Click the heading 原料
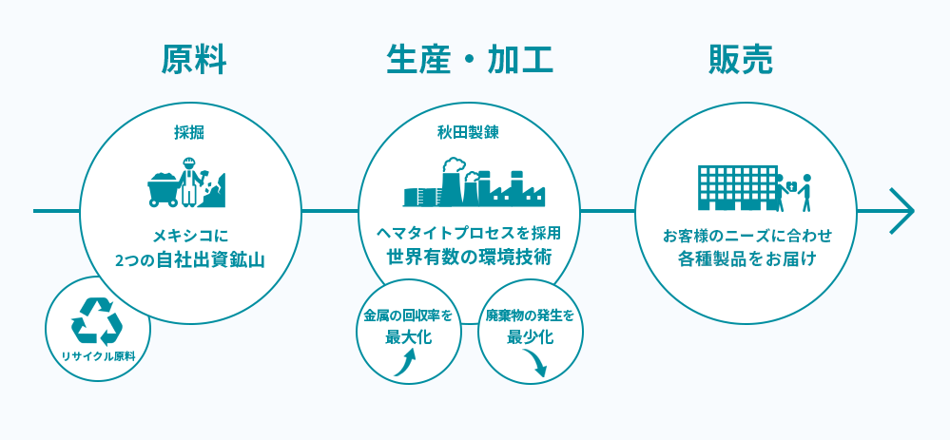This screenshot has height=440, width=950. click(x=194, y=60)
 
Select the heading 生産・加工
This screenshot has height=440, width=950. click(x=470, y=60)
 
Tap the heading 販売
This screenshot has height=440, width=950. click(x=741, y=60)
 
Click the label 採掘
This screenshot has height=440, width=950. click(x=189, y=133)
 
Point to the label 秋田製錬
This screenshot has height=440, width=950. click(x=469, y=133)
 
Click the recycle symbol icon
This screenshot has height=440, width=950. click(x=97, y=321)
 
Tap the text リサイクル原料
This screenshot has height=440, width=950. click(x=98, y=357)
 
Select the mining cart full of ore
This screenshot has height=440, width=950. click(x=163, y=189)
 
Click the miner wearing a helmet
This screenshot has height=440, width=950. click(x=190, y=181)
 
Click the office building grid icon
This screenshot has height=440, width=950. click(x=737, y=187)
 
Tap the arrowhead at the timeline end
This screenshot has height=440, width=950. click(x=902, y=211)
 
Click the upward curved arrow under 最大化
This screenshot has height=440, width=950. click(x=405, y=364)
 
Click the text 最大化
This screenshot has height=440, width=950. click(x=409, y=336)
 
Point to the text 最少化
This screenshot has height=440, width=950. click(x=530, y=336)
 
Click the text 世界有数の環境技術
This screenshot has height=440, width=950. click(x=470, y=257)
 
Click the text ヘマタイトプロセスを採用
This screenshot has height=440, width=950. click(x=469, y=232)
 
